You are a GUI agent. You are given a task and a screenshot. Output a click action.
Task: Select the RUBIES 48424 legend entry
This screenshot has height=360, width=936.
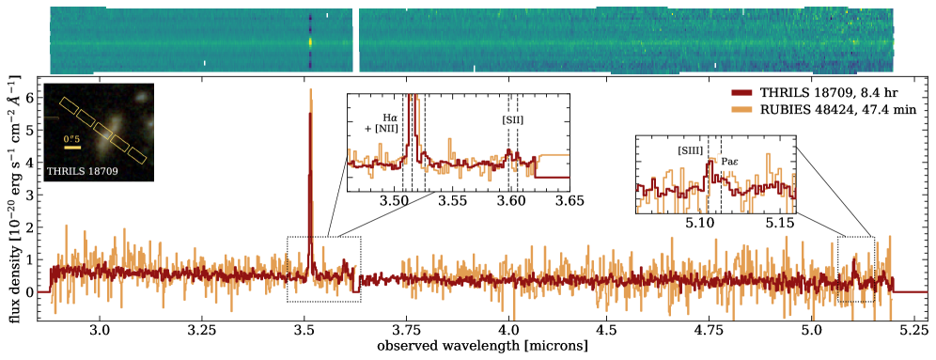click(x=815, y=110)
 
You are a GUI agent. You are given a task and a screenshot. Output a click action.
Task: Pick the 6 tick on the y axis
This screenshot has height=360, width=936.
click(x=29, y=97)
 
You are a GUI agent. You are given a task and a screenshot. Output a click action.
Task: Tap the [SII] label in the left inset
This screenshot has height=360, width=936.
click(x=511, y=120)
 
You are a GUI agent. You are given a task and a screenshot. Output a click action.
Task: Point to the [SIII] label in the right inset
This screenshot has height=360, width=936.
click(x=690, y=150)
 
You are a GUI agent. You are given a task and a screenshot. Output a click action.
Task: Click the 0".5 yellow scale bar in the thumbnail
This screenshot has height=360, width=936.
click(x=72, y=148)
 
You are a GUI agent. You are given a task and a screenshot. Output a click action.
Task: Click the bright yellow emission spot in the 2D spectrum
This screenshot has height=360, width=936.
click(x=311, y=41)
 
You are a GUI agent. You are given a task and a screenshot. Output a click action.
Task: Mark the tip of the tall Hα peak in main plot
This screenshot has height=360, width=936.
click(x=310, y=90)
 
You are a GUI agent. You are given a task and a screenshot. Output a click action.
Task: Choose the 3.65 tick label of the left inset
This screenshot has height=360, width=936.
click(x=569, y=200)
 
